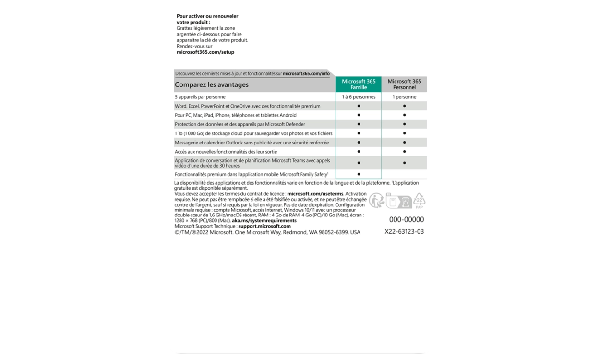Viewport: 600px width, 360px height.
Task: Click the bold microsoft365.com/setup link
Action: coord(205,52)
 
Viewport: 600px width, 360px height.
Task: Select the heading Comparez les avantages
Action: coord(212,85)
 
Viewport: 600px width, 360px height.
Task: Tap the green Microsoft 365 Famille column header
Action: coord(359,84)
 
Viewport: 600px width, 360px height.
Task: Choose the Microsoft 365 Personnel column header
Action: coord(404,84)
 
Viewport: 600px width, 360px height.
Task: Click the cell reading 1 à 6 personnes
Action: coord(359,97)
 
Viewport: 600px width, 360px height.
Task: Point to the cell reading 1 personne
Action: coord(404,97)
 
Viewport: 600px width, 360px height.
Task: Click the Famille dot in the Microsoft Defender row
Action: coord(359,124)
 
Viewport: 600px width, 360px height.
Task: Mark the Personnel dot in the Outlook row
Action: coord(404,143)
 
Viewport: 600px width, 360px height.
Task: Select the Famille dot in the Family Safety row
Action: coord(359,174)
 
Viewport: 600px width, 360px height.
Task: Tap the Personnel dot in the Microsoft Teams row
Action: coord(404,163)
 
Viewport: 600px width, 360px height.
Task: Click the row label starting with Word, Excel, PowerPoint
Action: coord(247,106)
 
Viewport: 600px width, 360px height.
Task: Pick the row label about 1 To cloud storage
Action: coord(253,133)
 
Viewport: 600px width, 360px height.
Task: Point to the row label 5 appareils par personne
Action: coord(200,97)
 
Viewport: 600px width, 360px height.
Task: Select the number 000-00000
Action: coord(406,220)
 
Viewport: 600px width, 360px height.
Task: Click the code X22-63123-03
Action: coord(404,231)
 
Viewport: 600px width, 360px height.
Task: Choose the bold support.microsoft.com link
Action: coord(264,226)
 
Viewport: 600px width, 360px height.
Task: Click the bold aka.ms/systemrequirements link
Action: coord(264,221)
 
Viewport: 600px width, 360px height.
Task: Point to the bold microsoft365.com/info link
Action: coord(306,74)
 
